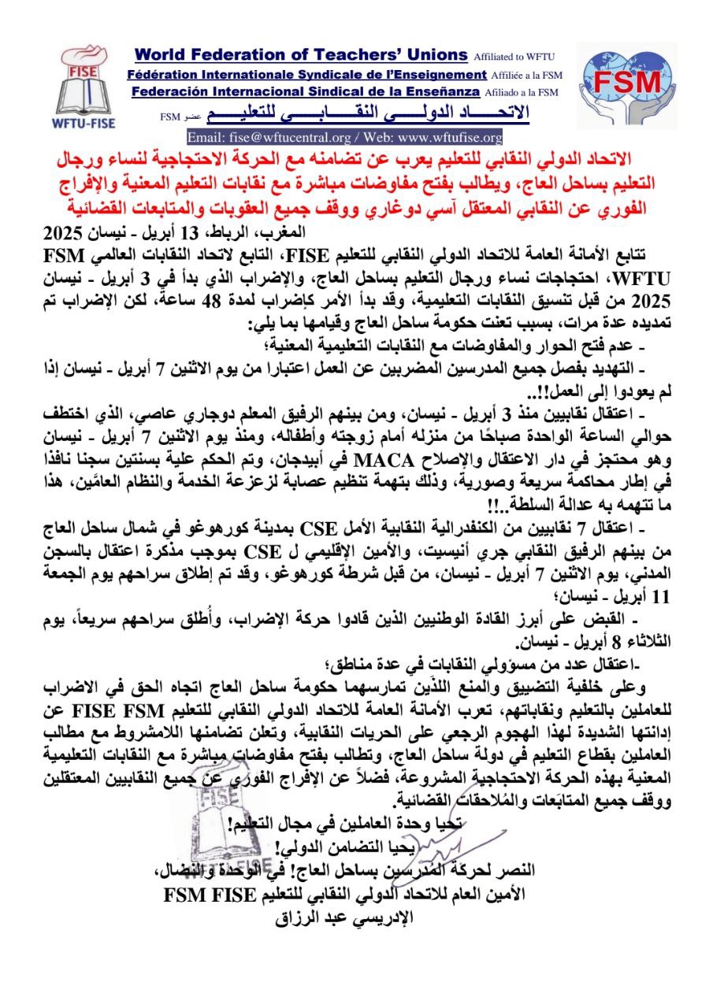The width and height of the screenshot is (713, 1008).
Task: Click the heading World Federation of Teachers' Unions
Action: pos(301,55)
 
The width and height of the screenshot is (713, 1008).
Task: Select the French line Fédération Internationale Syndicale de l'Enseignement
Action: pos(306,75)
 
